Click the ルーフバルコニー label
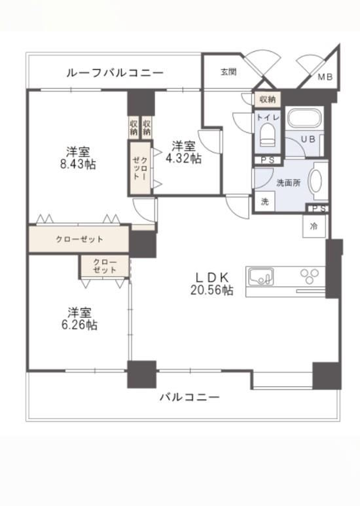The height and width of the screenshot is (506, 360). click(115, 73)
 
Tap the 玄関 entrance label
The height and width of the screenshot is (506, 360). click(228, 71)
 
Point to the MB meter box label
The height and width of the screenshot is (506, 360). click(325, 77)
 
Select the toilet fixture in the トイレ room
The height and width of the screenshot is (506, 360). click(268, 135)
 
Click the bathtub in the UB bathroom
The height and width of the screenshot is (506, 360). click(304, 118)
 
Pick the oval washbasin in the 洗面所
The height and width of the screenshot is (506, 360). click(316, 181)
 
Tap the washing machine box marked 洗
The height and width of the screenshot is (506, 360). click(264, 202)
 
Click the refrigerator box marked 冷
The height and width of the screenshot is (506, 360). click(314, 226)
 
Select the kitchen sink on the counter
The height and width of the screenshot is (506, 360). click(261, 277)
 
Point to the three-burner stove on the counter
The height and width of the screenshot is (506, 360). click(310, 276)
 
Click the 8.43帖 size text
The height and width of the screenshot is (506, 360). click(78, 164)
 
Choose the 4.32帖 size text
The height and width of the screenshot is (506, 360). click(183, 158)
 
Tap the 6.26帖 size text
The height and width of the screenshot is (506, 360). click(79, 325)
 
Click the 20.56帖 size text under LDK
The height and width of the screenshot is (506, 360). click(211, 290)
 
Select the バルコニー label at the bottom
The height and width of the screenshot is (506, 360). click(190, 397)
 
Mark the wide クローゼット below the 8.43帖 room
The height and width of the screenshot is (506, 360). click(79, 239)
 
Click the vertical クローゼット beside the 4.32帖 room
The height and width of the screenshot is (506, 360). click(141, 168)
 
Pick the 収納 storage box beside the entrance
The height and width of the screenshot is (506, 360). click(268, 99)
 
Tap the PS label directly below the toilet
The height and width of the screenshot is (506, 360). click(268, 160)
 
